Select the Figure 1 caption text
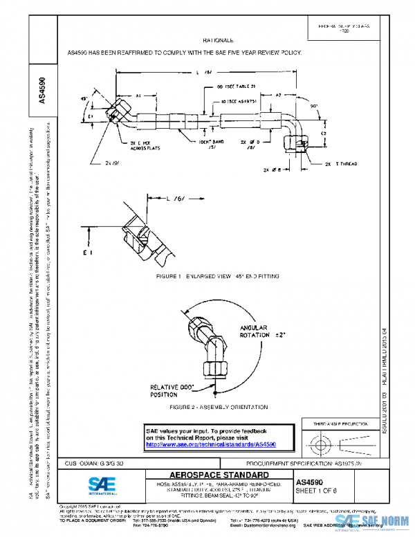point(219,276)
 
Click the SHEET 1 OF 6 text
point(317,491)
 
